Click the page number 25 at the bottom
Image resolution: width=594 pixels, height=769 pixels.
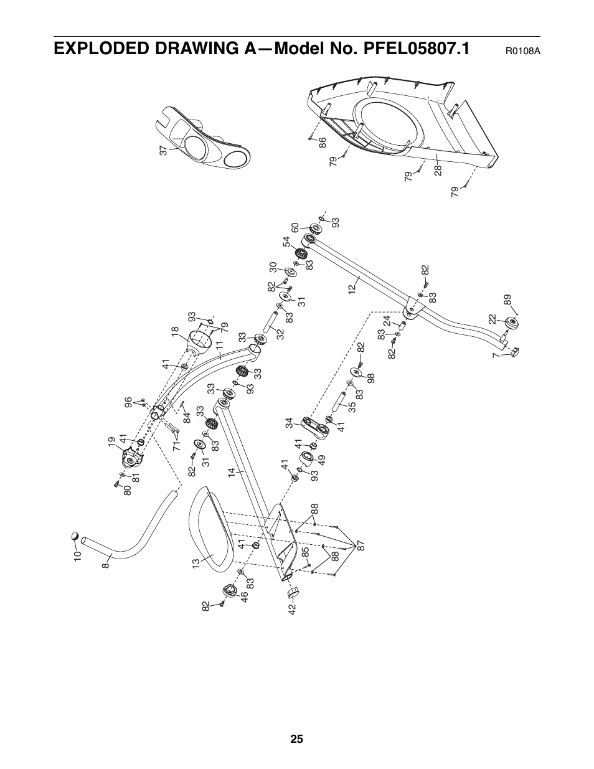[x=296, y=739]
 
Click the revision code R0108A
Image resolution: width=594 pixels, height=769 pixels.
[x=522, y=50]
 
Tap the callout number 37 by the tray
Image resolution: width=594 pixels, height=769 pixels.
[x=163, y=150]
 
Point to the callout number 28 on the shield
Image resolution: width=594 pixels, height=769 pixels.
[x=438, y=169]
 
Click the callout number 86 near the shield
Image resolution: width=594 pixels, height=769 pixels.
[x=323, y=143]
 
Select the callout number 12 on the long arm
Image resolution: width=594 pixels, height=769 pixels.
[x=352, y=288]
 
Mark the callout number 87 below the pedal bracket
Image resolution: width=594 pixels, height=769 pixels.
[x=360, y=547]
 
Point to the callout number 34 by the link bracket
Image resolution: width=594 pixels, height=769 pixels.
[x=289, y=423]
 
